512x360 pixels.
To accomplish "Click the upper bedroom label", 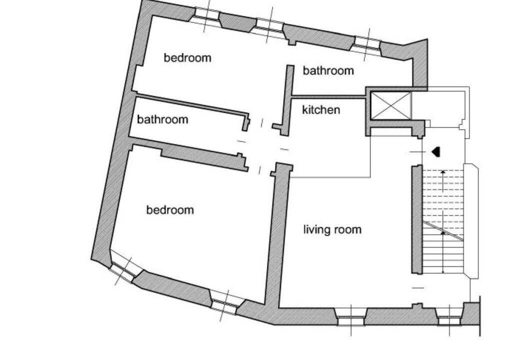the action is tap(187, 58).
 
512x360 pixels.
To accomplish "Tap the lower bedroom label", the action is tap(170, 209).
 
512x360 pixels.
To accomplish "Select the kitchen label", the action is tap(321, 110).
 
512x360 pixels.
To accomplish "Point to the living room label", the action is tap(332, 229).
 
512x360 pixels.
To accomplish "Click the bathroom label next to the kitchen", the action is tap(328, 70).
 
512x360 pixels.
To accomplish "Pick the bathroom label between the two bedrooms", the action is tap(162, 119).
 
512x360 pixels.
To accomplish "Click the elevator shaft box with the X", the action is tap(391, 105).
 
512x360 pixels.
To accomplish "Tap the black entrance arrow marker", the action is tap(436, 151).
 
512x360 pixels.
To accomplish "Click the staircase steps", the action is tap(443, 221).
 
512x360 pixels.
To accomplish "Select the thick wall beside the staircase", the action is tap(416, 219).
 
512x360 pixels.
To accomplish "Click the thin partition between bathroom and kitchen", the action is tap(327, 96).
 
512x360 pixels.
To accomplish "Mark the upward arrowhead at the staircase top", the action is tap(443, 171).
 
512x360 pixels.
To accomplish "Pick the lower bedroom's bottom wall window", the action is tap(226, 302).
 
